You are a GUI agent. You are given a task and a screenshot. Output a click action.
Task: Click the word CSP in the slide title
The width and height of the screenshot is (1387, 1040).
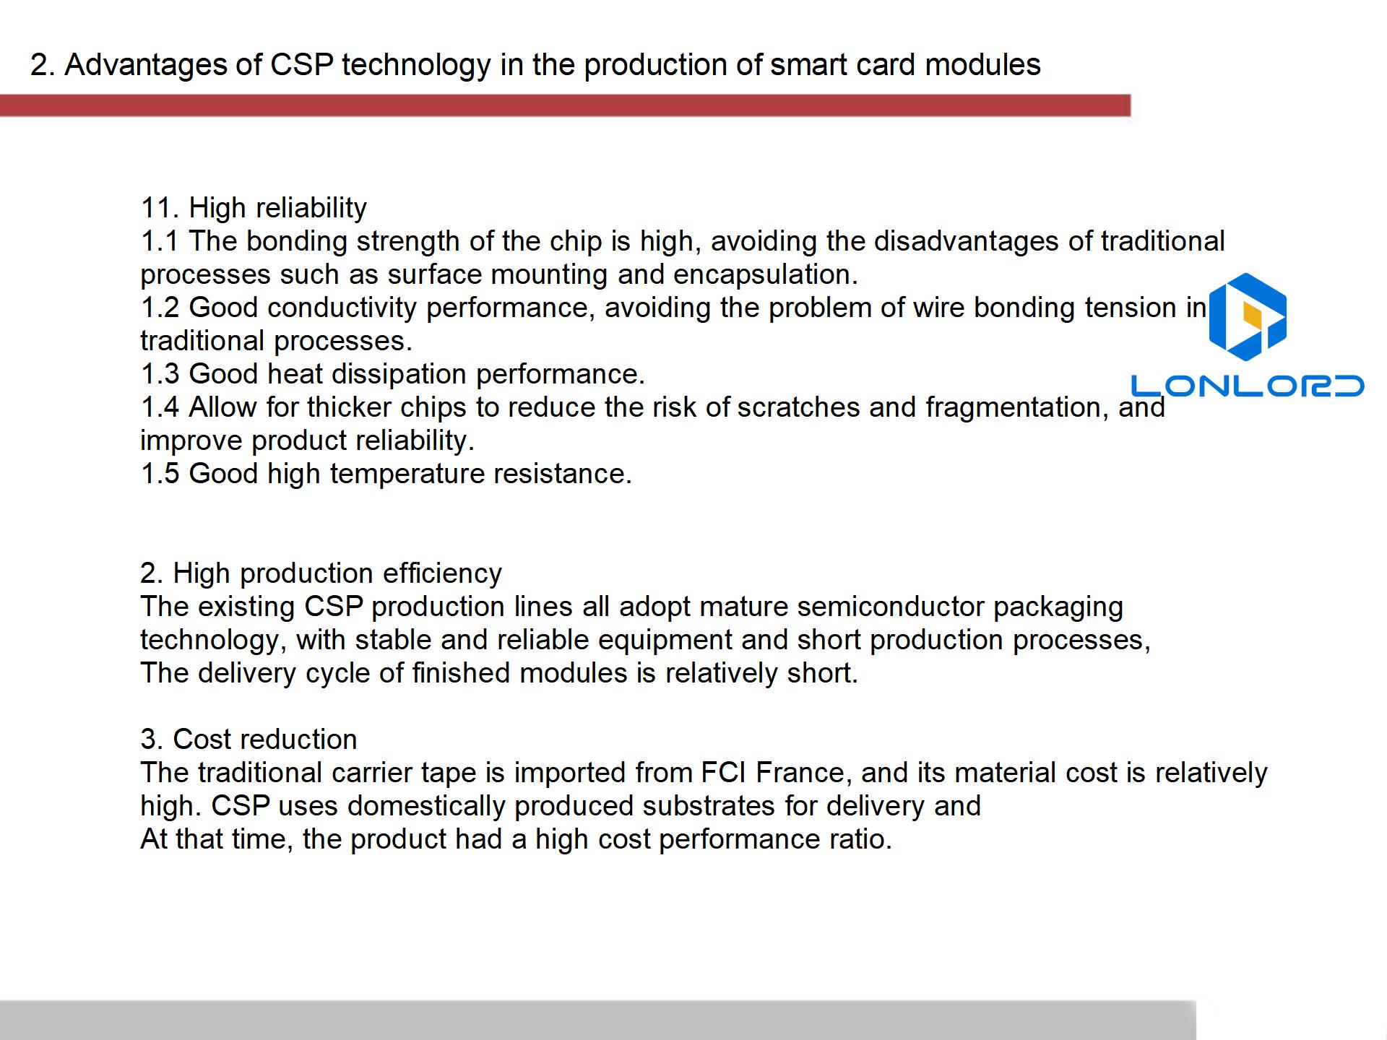[301, 65]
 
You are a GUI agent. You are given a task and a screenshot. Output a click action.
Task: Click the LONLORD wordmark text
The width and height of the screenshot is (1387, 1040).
[1248, 386]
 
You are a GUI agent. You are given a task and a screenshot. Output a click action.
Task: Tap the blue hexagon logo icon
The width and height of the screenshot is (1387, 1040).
[1248, 317]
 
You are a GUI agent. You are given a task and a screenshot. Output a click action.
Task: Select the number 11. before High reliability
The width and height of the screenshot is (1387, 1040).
[160, 208]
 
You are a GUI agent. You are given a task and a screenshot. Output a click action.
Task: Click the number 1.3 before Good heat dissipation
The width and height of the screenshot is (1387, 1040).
[160, 374]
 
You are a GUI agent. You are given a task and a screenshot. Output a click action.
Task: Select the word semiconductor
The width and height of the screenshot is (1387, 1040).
[891, 607]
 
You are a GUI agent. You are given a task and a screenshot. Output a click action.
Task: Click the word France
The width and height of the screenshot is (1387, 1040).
[800, 773]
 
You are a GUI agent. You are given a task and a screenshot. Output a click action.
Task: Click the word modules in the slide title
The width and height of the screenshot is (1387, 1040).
[983, 65]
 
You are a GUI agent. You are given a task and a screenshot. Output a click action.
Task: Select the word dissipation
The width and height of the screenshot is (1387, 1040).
[394, 375]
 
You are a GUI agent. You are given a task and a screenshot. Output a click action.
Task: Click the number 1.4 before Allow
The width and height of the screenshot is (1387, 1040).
[160, 407]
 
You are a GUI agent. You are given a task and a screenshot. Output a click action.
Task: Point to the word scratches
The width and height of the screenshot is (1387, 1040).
[798, 407]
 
